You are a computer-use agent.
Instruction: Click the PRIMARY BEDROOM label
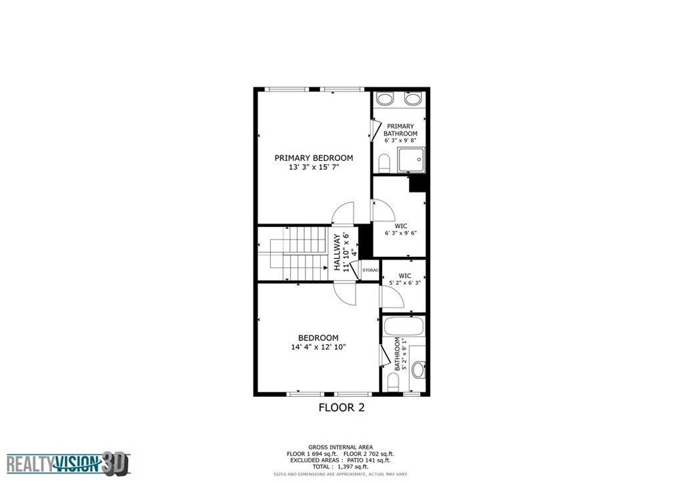[x=313, y=158]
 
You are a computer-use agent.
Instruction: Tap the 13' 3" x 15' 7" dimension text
[x=313, y=167]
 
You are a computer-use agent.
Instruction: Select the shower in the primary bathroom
[x=411, y=160]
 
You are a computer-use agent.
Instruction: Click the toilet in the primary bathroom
[x=384, y=163]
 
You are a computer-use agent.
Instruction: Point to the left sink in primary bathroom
[x=385, y=99]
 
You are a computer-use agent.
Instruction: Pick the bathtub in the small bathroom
[x=403, y=326]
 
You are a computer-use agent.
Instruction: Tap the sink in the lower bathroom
[x=418, y=370]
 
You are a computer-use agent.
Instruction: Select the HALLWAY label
[x=337, y=252]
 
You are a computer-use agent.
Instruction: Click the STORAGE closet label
[x=371, y=270]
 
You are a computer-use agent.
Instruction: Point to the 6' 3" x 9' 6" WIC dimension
[x=401, y=233]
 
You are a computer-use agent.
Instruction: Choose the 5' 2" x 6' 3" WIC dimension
[x=405, y=283]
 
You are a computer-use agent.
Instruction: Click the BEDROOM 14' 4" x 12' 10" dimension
[x=318, y=347]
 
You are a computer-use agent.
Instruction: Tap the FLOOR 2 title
[x=341, y=408]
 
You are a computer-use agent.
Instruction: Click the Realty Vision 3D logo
[x=69, y=464]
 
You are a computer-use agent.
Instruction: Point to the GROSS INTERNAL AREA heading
[x=341, y=447]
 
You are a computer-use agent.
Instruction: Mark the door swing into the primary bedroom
[x=344, y=213]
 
